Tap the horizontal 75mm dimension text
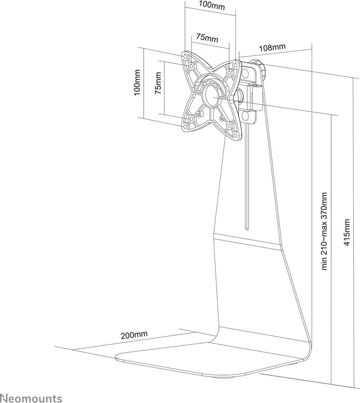[207, 38]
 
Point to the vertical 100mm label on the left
[137, 82]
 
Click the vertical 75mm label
[158, 83]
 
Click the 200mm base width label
[134, 334]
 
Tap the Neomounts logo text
[31, 398]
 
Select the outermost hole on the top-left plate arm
[185, 56]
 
